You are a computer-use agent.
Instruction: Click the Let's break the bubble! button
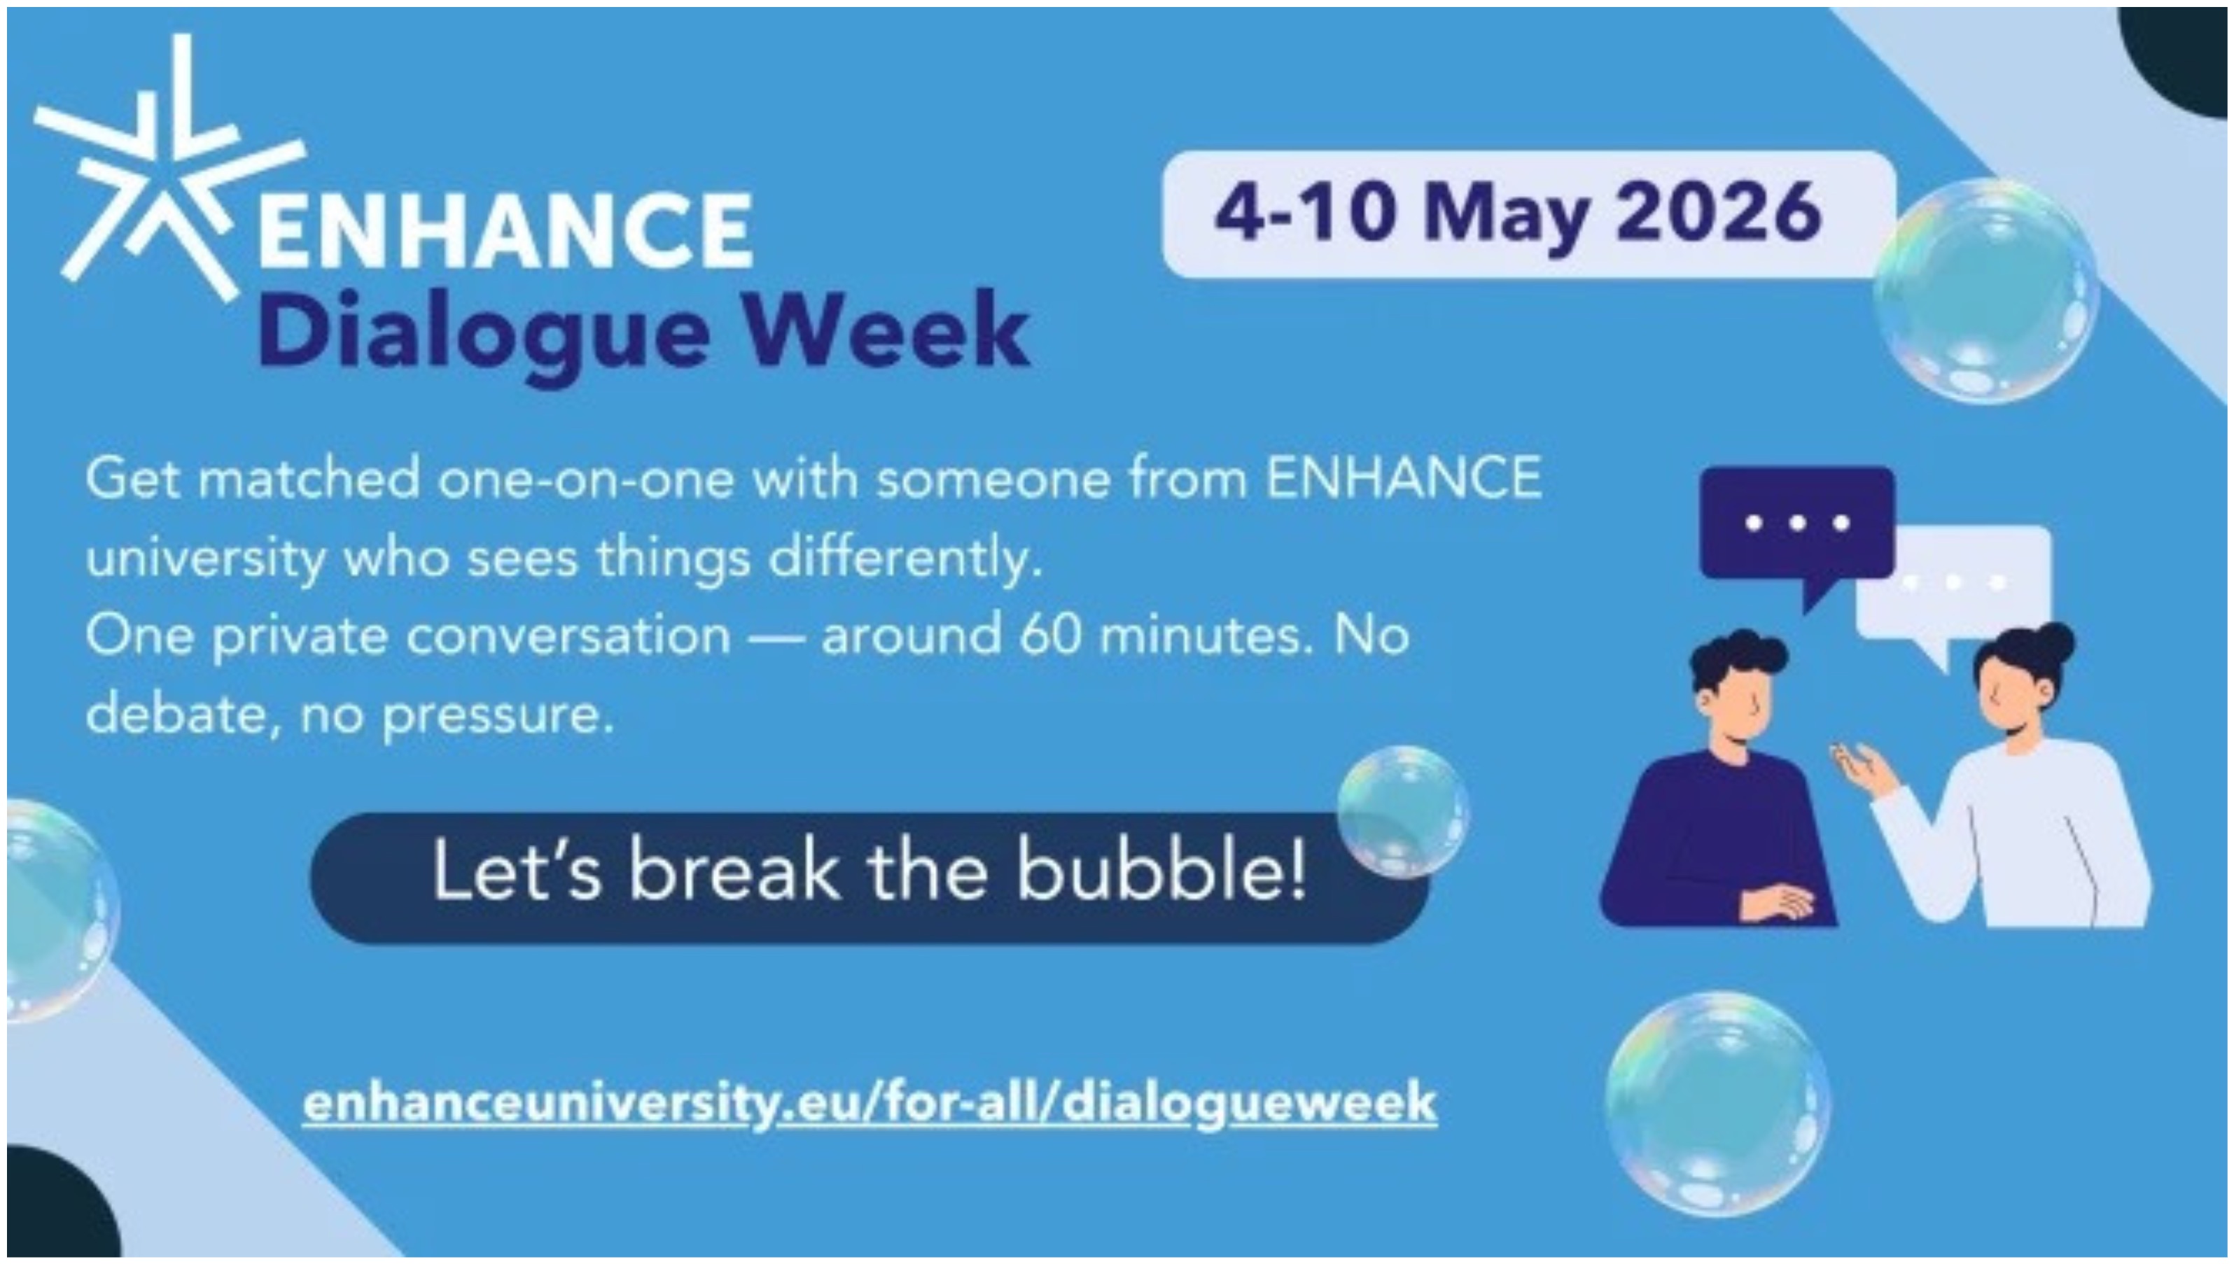tap(869, 878)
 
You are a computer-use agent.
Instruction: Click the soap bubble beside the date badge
tap(1987, 291)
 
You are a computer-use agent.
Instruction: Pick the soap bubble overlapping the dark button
tap(1403, 812)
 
